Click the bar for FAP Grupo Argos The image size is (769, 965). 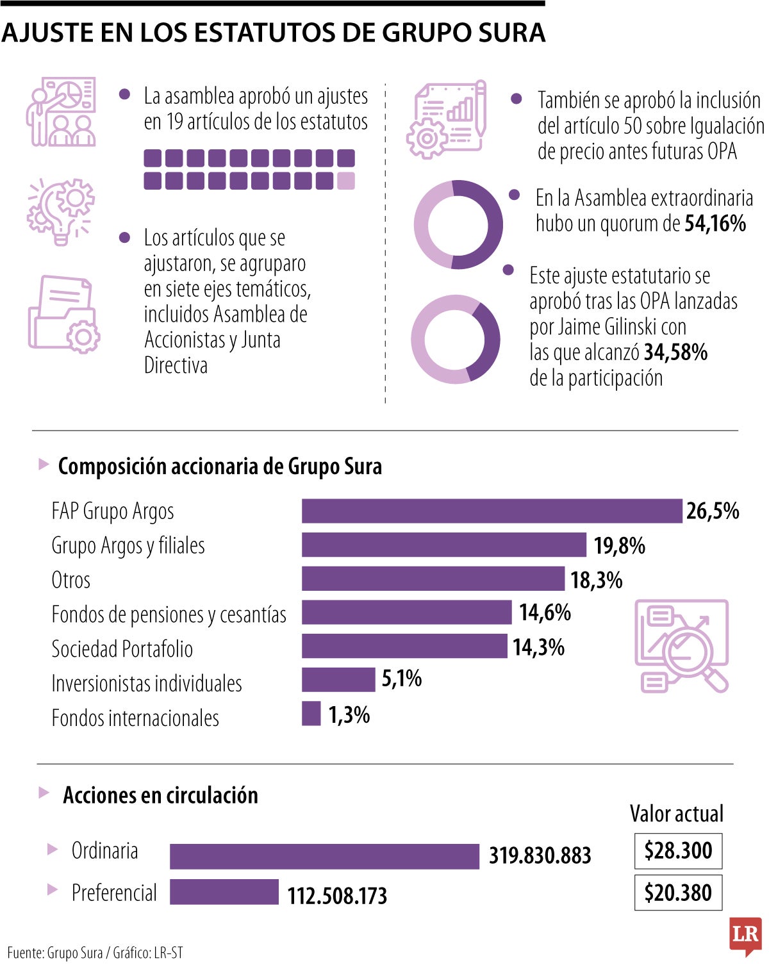pos(492,511)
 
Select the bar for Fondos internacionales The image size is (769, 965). pos(311,713)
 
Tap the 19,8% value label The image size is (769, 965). pos(619,546)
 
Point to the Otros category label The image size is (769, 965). pos(70,580)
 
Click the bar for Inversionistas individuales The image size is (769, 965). pos(338,679)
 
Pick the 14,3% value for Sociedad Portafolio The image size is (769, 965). pos(538,647)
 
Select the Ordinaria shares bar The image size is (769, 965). pos(324,856)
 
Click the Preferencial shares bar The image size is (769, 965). pos(224,892)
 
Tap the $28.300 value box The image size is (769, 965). pos(678,851)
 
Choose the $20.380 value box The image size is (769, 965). pos(678,893)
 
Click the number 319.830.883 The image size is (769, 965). pos(540,856)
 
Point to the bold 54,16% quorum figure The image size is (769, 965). pos(715,224)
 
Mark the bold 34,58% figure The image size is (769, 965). pos(675,352)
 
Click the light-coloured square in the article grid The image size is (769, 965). pos(346,181)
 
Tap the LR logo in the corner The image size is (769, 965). pos(745,936)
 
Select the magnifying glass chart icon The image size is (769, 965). pos(682,646)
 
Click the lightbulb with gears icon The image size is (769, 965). pos(61,211)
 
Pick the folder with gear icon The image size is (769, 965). pos(63,314)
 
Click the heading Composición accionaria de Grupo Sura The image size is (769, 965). pos(219,466)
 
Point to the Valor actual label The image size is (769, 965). pos(676,814)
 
